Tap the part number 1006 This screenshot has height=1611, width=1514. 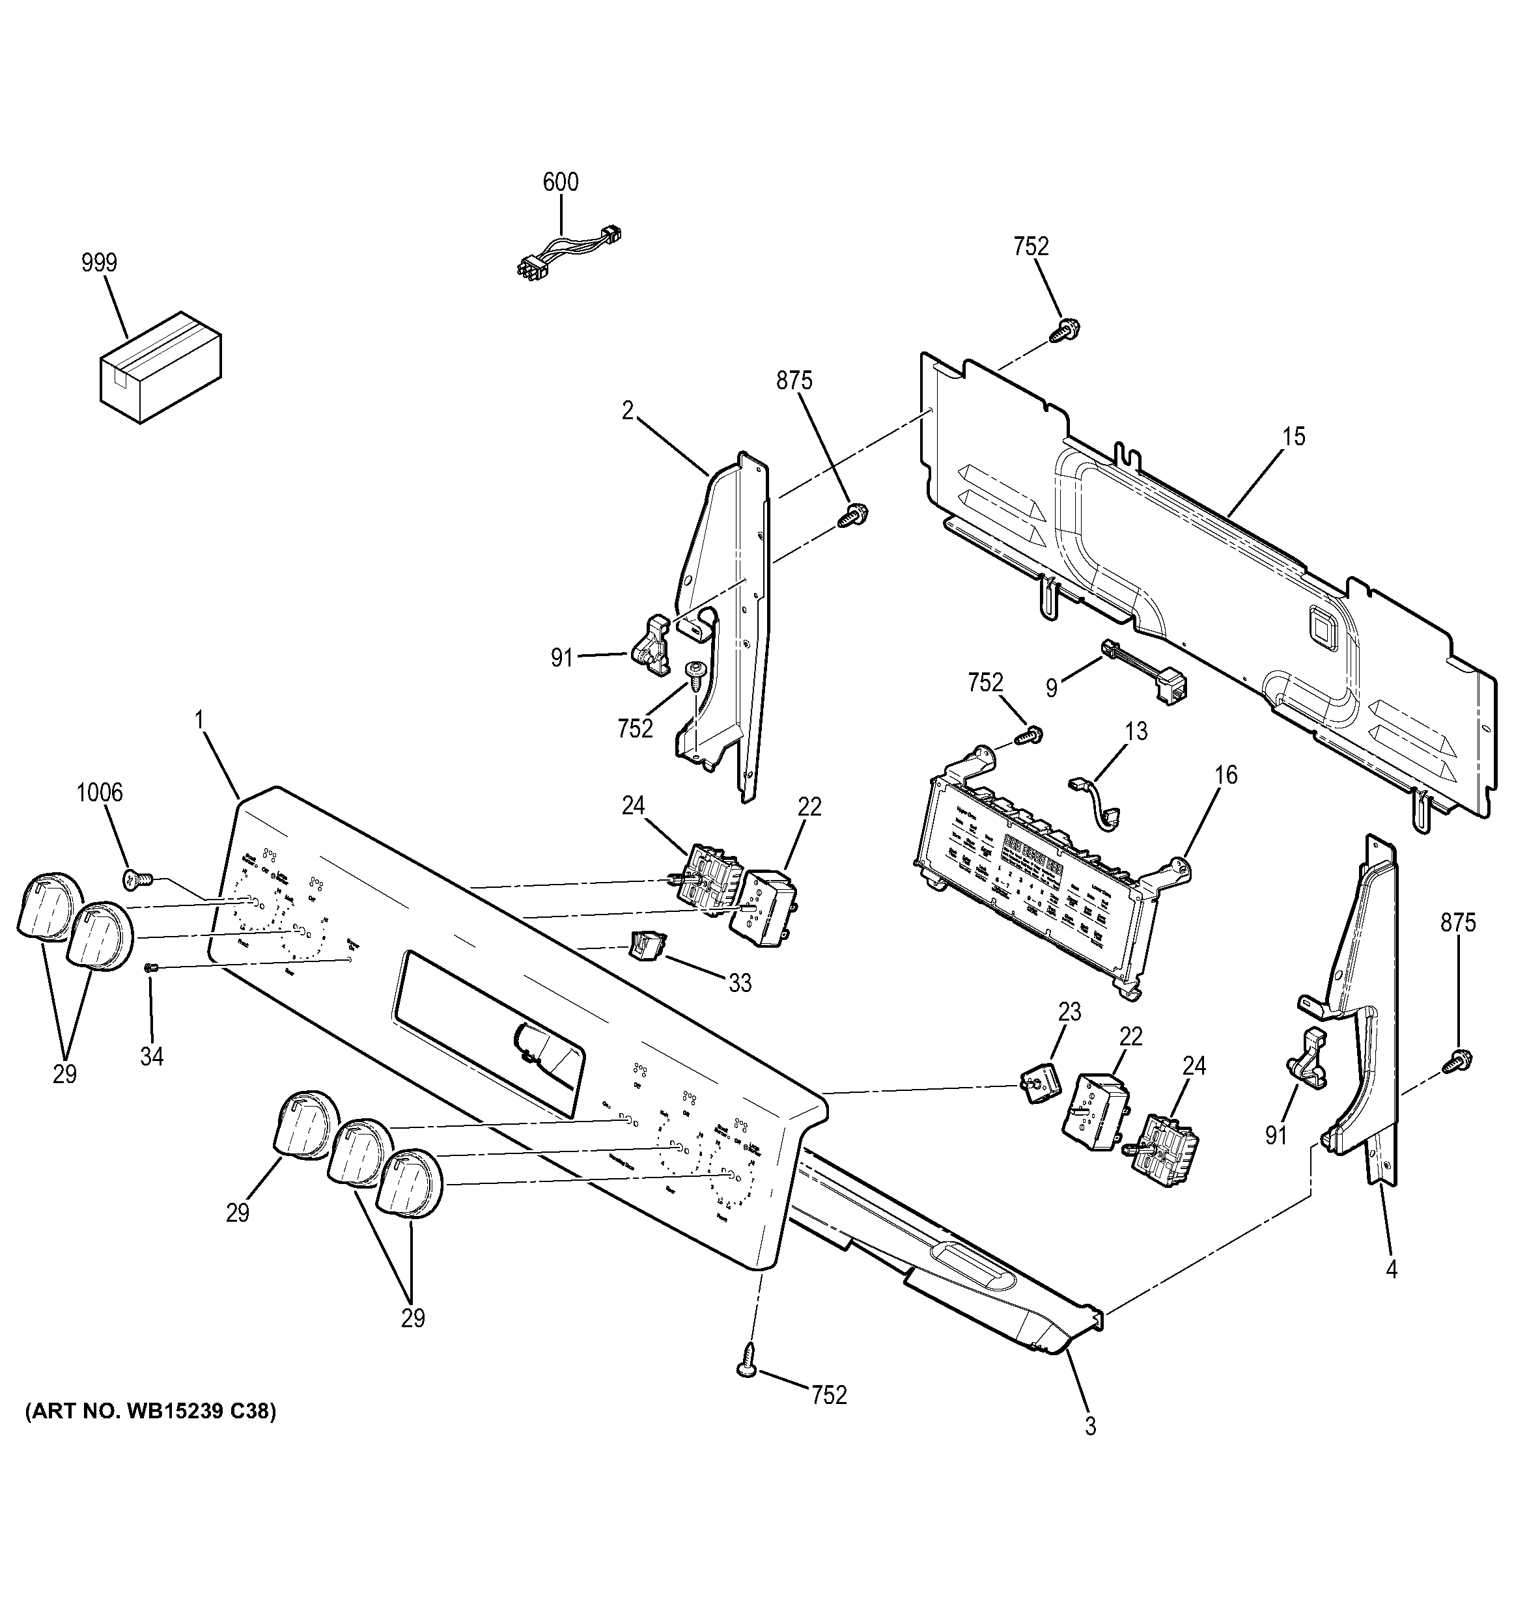100,792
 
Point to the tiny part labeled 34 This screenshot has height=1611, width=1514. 149,967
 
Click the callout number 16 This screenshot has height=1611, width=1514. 1226,775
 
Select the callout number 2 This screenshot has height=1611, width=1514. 627,411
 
